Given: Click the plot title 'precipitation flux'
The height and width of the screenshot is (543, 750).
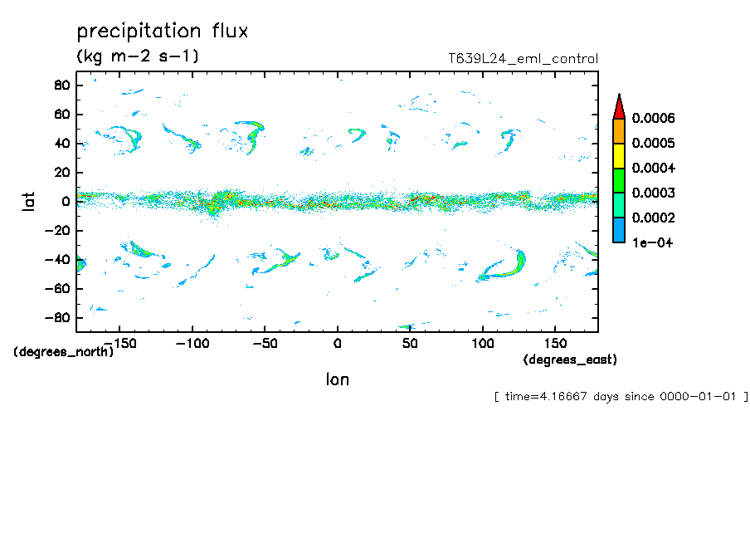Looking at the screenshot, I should point(163,32).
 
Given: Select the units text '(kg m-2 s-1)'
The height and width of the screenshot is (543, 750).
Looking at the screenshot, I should point(138,56).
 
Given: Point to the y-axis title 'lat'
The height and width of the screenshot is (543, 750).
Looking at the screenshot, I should point(30,200).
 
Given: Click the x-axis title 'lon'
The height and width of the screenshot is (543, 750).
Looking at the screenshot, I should point(337,379).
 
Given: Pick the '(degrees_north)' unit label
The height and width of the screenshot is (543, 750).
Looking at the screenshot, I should point(64,352).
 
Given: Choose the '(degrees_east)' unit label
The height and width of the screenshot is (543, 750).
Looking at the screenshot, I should point(570,360).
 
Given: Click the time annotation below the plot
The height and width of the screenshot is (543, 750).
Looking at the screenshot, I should point(621,397).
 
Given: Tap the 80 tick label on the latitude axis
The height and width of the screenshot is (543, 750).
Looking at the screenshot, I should point(61,85).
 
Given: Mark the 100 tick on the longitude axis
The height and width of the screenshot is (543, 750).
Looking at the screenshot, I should point(482,343).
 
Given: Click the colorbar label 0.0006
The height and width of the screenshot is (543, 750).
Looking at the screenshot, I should point(653,119).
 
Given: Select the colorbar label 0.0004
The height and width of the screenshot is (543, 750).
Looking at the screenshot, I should point(653,169).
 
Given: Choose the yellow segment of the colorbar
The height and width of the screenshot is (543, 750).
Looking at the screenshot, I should point(618,155).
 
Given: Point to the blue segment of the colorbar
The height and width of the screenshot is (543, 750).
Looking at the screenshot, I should point(618,230).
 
